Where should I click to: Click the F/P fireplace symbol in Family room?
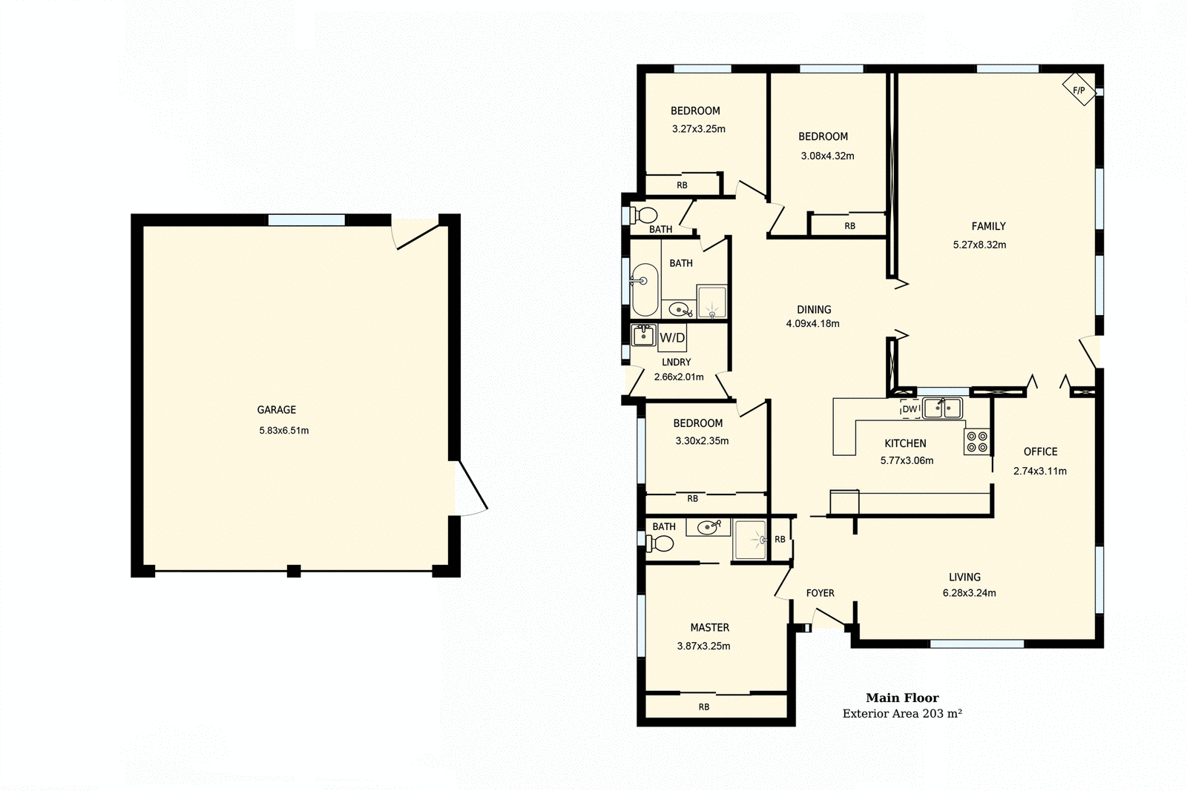(x=1079, y=90)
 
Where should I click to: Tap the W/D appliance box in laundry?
(x=672, y=338)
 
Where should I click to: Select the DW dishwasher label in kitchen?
(x=910, y=409)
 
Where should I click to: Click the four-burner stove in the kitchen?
(x=977, y=442)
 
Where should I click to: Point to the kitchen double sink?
(x=942, y=408)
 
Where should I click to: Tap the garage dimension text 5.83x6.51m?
(x=284, y=430)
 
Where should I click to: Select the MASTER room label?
(x=709, y=627)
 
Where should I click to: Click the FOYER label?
(x=820, y=593)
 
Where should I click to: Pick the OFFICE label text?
(x=1040, y=451)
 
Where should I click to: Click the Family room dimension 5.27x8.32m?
(x=979, y=245)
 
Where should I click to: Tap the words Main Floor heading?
(x=902, y=698)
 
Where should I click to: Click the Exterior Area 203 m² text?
(x=902, y=714)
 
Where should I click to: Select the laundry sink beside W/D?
(x=642, y=335)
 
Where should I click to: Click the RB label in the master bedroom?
(x=703, y=706)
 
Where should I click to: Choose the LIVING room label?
(x=964, y=577)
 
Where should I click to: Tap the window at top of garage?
(x=306, y=220)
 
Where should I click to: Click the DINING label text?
(x=814, y=309)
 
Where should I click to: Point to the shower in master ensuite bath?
(x=750, y=539)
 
